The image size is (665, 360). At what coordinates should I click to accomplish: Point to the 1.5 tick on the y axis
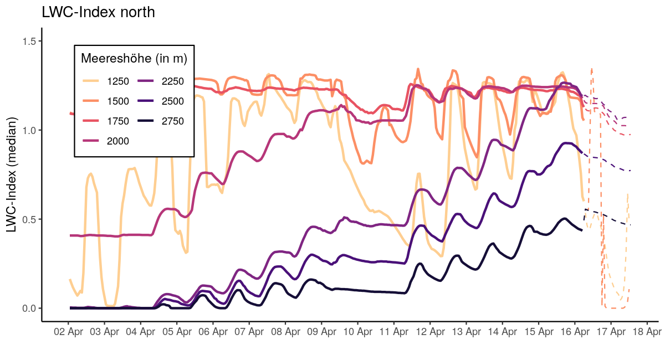(28, 42)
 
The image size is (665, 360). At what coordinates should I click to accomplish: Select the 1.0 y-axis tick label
(28, 130)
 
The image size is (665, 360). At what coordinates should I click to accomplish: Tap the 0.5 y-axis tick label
(28, 219)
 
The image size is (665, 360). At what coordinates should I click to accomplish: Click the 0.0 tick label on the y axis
(28, 308)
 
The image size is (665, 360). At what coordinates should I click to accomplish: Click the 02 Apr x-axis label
(68, 332)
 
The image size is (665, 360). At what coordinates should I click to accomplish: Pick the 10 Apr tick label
(357, 332)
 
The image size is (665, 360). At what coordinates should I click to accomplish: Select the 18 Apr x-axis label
(647, 332)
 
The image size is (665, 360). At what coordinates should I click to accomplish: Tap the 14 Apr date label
(502, 332)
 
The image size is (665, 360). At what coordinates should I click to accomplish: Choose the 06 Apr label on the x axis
(213, 332)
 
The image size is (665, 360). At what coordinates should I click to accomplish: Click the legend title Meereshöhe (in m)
(134, 58)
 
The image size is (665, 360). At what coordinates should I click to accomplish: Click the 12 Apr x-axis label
(430, 332)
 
